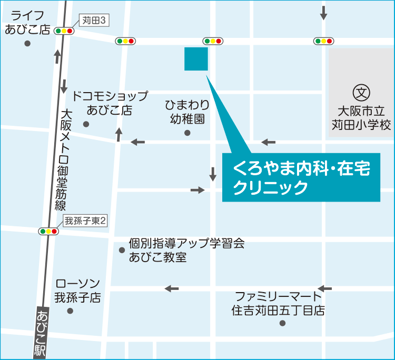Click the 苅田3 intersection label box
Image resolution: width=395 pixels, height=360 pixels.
[95, 21]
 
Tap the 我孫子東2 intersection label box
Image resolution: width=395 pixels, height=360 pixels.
[85, 221]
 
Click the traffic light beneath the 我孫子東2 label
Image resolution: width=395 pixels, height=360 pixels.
[49, 231]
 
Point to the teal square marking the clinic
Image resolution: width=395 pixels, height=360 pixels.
[196, 59]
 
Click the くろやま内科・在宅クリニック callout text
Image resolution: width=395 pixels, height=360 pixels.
[301, 177]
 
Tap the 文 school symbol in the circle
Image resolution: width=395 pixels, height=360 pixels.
[361, 93]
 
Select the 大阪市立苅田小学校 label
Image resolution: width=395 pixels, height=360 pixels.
[361, 118]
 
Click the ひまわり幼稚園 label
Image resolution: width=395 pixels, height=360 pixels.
[187, 112]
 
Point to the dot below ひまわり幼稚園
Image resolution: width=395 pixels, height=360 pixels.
[187, 133]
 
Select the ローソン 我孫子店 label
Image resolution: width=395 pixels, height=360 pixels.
[77, 291]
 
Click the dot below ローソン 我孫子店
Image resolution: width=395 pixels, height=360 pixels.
[70, 311]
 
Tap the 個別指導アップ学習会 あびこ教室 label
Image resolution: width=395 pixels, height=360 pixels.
[186, 250]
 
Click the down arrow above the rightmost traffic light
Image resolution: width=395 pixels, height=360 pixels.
[323, 13]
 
